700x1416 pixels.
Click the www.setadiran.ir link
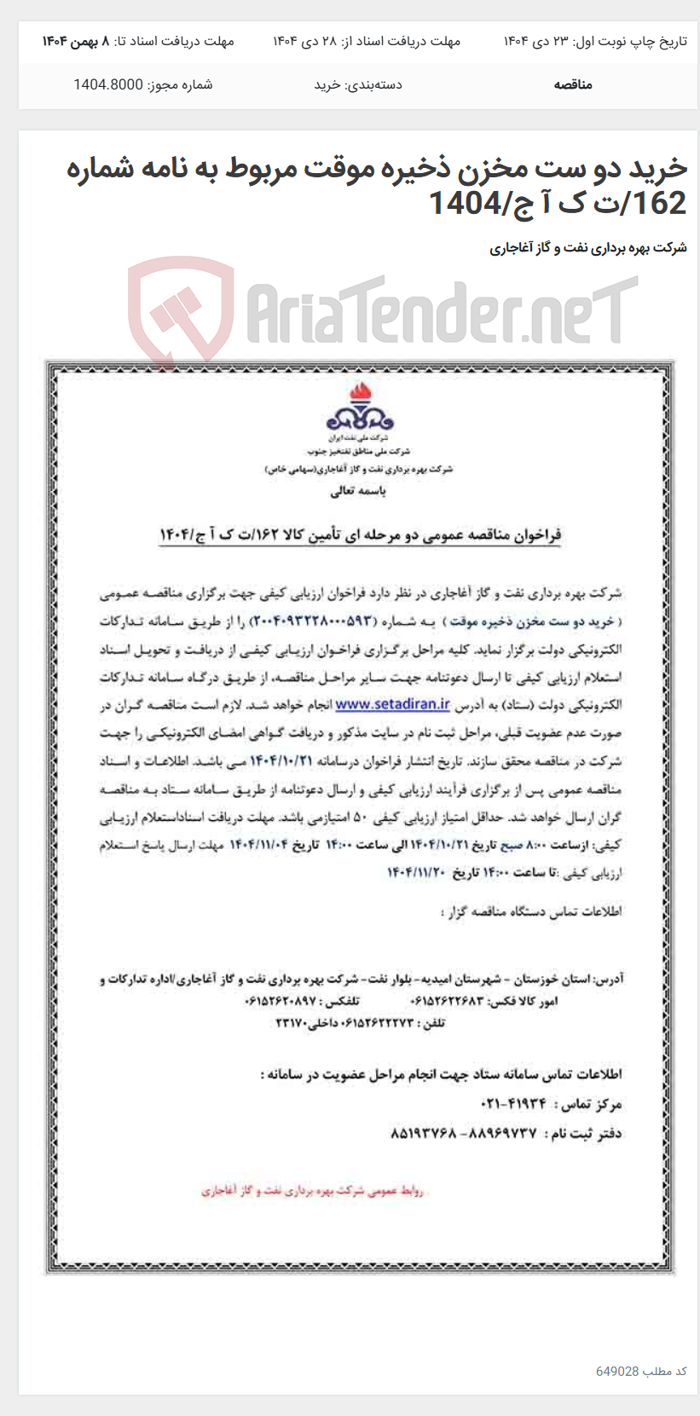point(392,704)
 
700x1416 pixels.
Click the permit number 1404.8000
point(108,84)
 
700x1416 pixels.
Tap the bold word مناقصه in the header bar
point(572,84)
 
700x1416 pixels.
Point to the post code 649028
point(617,1371)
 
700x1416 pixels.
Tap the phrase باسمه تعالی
point(358,491)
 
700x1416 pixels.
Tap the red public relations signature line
point(312,1190)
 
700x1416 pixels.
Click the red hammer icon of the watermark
point(181,310)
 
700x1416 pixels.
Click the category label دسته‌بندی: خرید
point(358,84)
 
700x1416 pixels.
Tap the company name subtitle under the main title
point(587,248)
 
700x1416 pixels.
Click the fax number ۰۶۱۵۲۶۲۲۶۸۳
point(447,1001)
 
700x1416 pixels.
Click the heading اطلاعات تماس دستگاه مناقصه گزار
point(530,911)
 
